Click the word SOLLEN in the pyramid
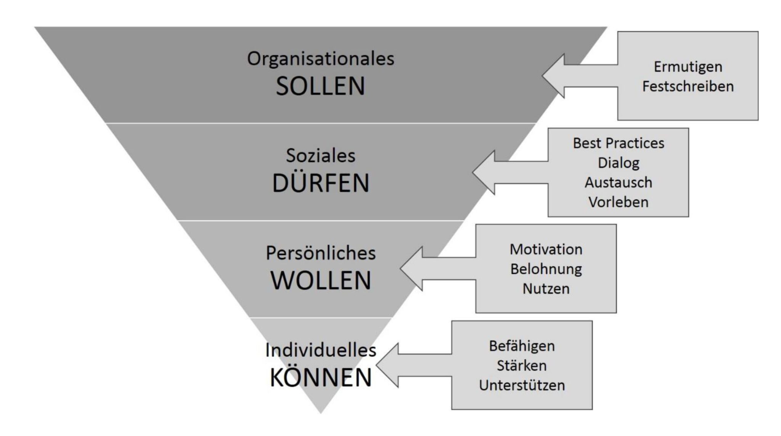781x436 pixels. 320,86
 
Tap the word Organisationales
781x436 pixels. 321,59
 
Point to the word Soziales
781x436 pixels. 321,155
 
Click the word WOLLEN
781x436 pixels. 321,281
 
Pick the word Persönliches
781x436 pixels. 321,253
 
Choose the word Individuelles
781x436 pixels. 321,350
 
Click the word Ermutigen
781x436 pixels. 688,67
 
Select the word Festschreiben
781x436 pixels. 688,86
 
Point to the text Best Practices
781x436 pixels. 619,143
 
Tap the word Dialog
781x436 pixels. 619,163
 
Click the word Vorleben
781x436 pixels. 619,202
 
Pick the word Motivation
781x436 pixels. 546,249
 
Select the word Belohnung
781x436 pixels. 546,269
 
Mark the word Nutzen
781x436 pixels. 546,289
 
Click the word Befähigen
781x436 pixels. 522,346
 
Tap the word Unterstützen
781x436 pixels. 522,385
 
